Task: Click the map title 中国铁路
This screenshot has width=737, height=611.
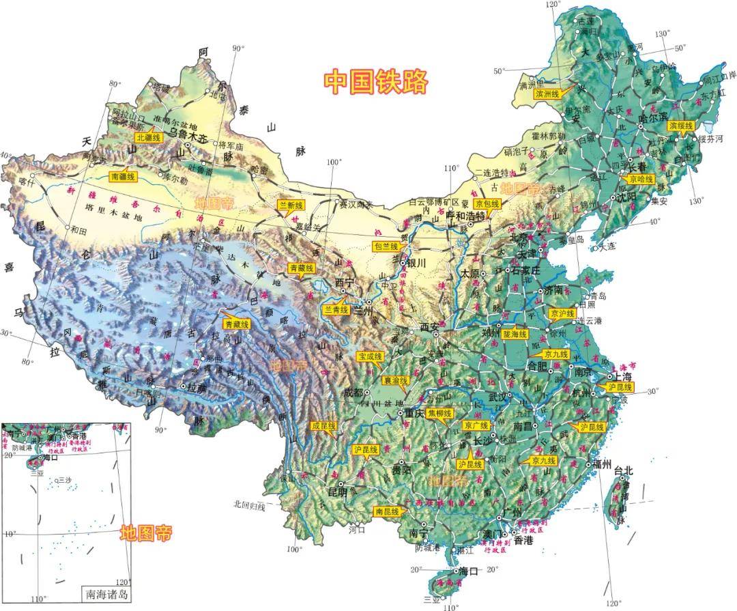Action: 375,81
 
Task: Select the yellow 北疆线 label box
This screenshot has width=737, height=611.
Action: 148,137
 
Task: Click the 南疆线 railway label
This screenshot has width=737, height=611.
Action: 124,177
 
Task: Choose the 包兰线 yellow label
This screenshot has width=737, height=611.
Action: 386,246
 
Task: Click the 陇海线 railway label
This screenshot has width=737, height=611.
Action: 514,335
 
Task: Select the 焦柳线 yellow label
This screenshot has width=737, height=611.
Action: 439,414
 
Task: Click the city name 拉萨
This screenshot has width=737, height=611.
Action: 198,386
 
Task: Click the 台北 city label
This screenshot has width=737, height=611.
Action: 624,470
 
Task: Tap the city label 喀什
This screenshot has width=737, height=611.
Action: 27,182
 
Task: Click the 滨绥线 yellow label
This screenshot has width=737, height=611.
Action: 680,126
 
